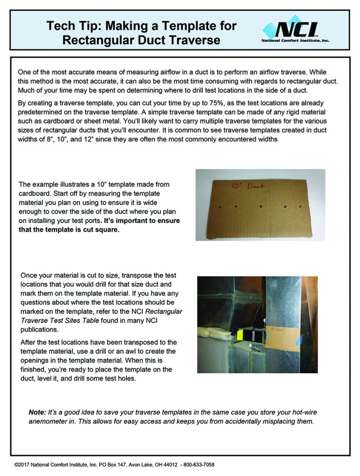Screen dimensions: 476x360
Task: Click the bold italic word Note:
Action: coord(37,412)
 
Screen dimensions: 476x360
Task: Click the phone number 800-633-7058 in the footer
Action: coord(199,464)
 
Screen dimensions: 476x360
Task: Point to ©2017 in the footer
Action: coord(22,464)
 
